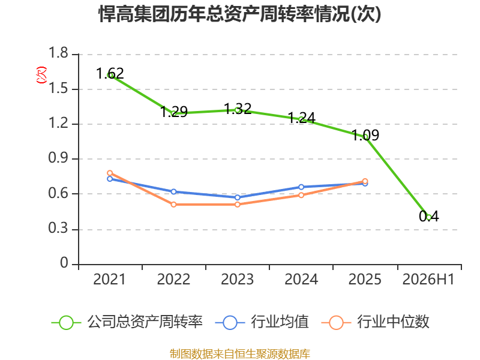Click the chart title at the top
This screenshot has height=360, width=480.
(239, 14)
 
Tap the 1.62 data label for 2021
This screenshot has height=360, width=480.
(110, 73)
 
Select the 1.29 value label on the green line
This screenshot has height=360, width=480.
(174, 112)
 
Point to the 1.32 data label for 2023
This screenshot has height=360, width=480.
(238, 109)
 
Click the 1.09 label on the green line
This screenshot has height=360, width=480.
(365, 135)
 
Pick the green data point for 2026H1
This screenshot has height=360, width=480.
(429, 218)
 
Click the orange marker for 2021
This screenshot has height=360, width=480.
(110, 173)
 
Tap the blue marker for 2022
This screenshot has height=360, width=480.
(173, 191)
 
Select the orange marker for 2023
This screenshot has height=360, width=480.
(238, 205)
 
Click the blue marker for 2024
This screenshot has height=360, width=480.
(301, 187)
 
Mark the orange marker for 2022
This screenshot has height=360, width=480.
(173, 205)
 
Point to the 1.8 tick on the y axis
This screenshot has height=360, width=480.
(58, 53)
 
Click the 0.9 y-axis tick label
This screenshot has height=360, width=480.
(58, 158)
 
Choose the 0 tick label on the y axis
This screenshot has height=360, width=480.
(64, 263)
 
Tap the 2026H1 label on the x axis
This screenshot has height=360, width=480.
(428, 279)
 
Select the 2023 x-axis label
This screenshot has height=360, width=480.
(237, 279)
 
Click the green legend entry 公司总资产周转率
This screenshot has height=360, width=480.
(127, 322)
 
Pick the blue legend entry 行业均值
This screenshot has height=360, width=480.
(262, 322)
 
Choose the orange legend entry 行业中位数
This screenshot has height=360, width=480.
(376, 322)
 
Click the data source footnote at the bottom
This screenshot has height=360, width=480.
(240, 354)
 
